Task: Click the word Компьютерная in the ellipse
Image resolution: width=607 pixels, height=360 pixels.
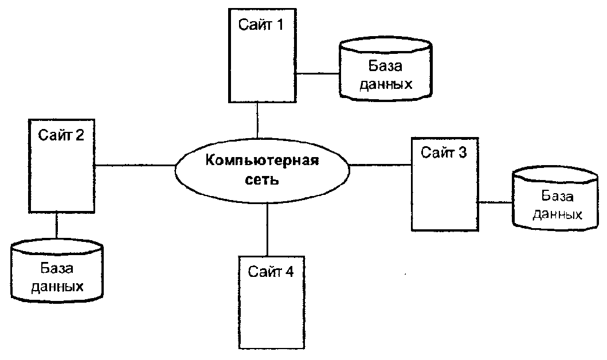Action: [263, 159]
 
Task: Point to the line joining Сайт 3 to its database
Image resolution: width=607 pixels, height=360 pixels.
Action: [495, 202]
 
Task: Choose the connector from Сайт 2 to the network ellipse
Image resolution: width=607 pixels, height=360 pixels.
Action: [135, 165]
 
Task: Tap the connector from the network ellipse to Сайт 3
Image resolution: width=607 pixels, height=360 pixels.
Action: [381, 165]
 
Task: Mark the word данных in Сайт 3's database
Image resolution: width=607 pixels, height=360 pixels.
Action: [558, 215]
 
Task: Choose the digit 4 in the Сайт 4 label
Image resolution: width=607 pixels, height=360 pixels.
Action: [289, 272]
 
